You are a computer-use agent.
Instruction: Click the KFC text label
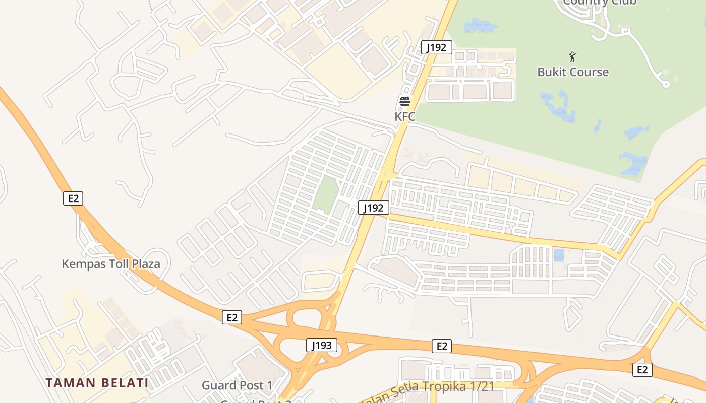[404, 117]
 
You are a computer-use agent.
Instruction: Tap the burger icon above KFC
[404, 102]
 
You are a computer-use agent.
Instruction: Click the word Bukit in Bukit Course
[553, 72]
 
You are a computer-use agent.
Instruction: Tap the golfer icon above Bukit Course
[572, 56]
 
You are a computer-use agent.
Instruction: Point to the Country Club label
[600, 3]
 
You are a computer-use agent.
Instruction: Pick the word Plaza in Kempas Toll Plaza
[145, 264]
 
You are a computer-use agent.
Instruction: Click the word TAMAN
[71, 383]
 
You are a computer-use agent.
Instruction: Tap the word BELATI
[125, 383]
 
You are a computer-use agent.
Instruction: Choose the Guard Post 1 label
[237, 386]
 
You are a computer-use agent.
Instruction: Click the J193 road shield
[321, 346]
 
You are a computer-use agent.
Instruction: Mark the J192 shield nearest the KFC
[436, 48]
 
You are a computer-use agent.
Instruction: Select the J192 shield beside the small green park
[374, 208]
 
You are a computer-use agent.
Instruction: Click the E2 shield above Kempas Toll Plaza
[73, 198]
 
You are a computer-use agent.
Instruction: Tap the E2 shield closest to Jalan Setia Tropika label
[441, 346]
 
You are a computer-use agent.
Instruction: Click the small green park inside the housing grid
[325, 193]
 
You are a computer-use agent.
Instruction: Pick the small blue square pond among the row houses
[559, 255]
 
